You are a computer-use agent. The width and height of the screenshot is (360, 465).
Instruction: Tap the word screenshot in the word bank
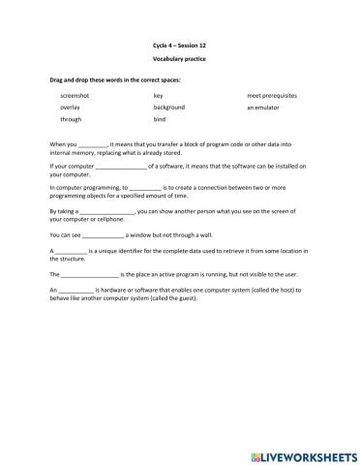(75, 97)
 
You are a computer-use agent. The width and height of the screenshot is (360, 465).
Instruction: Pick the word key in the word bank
(158, 97)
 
